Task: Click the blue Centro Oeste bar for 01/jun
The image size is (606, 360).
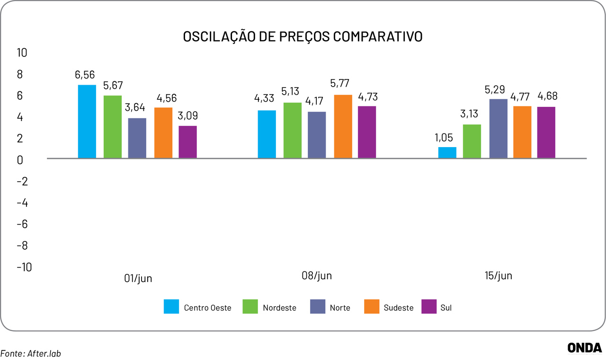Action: click(87, 122)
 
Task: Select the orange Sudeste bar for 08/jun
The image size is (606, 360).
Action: click(343, 126)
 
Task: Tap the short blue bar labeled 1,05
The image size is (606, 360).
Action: click(447, 152)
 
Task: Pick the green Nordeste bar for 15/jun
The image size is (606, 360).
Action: click(472, 141)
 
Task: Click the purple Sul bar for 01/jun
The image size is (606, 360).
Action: click(187, 142)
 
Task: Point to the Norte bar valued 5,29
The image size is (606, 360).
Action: click(498, 129)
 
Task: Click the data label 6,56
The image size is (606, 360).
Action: click(85, 75)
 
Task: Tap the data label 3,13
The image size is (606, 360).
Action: click(472, 114)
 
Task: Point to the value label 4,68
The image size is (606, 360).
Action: click(547, 96)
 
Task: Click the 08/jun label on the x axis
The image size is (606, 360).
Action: click(317, 276)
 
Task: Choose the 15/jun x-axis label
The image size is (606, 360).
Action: click(498, 276)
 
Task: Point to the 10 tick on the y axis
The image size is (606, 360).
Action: click(22, 53)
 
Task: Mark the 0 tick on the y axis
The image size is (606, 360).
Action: click(20, 160)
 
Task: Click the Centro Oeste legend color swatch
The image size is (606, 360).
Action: click(171, 307)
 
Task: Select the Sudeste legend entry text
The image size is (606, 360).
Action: click(398, 308)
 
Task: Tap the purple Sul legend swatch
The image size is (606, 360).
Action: click(429, 307)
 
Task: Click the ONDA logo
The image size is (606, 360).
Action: click(585, 348)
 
